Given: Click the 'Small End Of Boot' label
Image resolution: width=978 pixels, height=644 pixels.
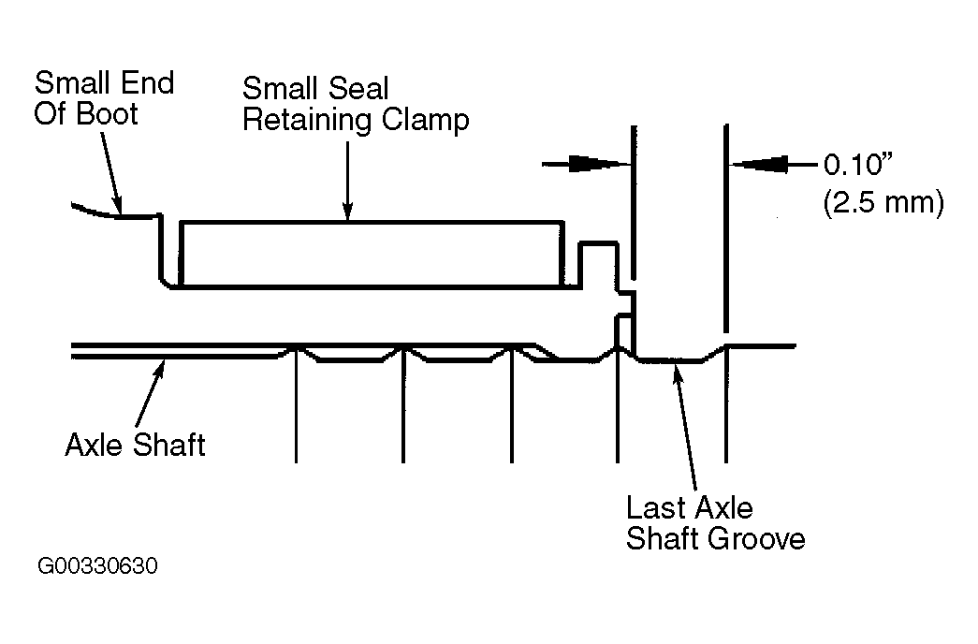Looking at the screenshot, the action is point(104,98).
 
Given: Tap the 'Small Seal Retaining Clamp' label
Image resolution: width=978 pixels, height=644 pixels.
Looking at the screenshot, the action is point(356,104).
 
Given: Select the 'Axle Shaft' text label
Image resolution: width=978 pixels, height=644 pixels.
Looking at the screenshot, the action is point(136,445).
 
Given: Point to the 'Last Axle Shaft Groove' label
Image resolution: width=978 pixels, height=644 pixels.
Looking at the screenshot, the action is point(715,523).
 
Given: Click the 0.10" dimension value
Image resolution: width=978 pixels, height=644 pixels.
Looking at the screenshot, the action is point(858,165).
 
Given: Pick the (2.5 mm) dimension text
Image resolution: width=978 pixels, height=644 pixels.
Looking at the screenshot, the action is point(883,203).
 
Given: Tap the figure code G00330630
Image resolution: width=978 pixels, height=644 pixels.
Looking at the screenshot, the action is point(98,566).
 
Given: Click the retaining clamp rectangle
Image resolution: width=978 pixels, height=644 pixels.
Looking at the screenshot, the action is point(372,254).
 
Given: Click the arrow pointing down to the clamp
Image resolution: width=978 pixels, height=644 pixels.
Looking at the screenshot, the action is point(347,181).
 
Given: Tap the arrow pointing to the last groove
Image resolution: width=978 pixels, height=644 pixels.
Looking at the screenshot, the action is point(685,428).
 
